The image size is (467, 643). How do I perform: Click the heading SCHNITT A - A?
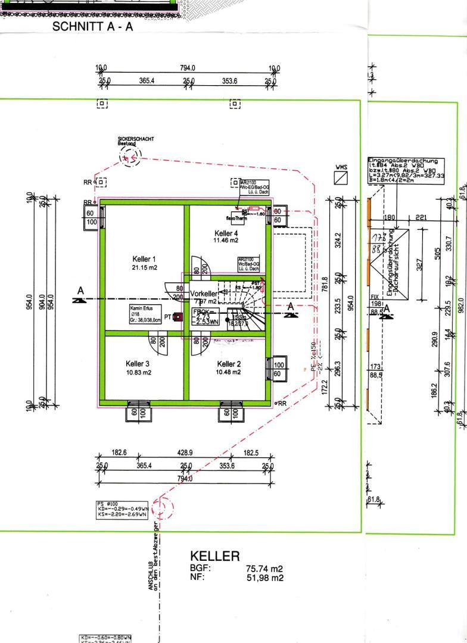point(93,27)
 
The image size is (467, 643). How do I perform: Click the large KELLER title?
point(214,557)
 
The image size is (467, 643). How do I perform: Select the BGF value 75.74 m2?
point(264,569)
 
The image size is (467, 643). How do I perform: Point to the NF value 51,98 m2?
point(264,578)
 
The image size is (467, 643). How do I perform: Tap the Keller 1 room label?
point(144,263)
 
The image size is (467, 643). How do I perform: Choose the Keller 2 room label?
point(229,368)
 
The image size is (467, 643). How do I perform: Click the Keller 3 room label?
point(138,368)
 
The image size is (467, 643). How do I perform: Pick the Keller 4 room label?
point(226,237)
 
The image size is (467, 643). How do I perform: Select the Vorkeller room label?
point(204,294)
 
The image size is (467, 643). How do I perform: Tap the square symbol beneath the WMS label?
point(341,179)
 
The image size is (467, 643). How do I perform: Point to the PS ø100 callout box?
point(122,509)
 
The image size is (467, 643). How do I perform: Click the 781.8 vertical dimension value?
point(325,285)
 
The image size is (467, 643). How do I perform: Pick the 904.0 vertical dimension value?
point(41,302)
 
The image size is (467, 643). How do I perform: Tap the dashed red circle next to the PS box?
point(163,508)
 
